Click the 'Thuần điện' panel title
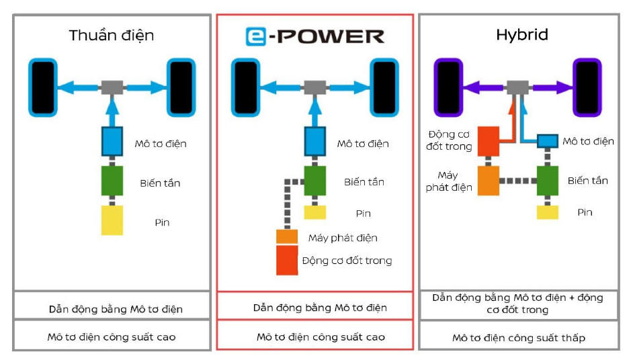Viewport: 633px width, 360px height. click(x=112, y=36)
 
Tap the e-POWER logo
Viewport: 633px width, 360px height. click(x=314, y=36)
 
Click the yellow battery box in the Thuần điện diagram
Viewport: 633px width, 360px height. click(x=112, y=220)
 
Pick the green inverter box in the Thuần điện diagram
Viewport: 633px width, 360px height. click(x=112, y=181)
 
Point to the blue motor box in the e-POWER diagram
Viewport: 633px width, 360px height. click(x=314, y=141)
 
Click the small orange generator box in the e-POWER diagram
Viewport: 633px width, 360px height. click(x=287, y=237)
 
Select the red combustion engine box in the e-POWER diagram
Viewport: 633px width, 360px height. click(x=287, y=260)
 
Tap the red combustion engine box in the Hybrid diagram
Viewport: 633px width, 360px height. click(x=489, y=141)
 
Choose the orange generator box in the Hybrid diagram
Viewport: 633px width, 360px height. click(x=489, y=180)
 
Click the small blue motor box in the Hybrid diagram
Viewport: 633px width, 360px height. click(x=548, y=141)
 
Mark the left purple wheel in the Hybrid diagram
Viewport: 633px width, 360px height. click(x=447, y=87)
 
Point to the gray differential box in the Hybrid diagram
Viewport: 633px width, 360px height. click(x=517, y=87)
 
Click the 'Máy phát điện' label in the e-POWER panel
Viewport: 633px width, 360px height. click(x=343, y=238)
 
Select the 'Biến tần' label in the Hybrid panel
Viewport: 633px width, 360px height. click(x=587, y=181)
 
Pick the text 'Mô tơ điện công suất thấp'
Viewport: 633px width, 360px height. click(x=518, y=338)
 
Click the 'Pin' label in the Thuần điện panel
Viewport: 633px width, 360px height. click(x=161, y=222)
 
